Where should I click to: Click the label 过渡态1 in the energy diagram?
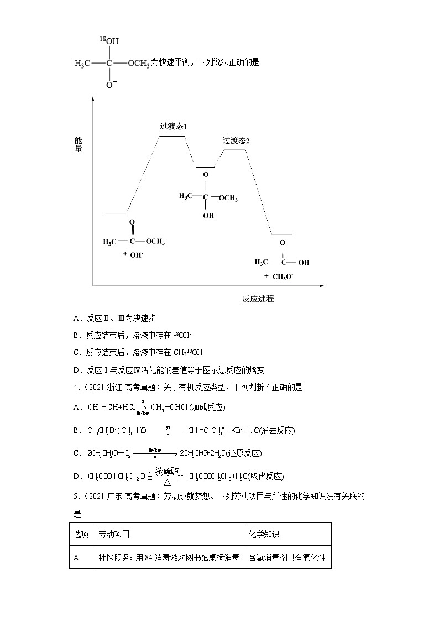pyautogui.click(x=173, y=126)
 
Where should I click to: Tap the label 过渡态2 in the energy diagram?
pyautogui.click(x=236, y=140)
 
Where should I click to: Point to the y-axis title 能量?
pyautogui.click(x=79, y=144)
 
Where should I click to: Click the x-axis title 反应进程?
pyautogui.click(x=258, y=299)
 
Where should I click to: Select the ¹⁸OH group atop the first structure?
pyautogui.click(x=109, y=40)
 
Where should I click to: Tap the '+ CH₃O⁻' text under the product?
pyautogui.click(x=279, y=276)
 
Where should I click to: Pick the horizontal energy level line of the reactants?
pyautogui.click(x=116, y=212)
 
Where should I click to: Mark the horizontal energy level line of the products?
pyautogui.click(x=281, y=234)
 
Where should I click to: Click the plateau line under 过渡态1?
pyautogui.click(x=172, y=135)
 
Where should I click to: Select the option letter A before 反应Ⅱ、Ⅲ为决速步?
pyautogui.click(x=76, y=318)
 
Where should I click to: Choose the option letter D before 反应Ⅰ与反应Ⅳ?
pyautogui.click(x=76, y=370)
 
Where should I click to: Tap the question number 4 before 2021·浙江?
pyautogui.click(x=75, y=388)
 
